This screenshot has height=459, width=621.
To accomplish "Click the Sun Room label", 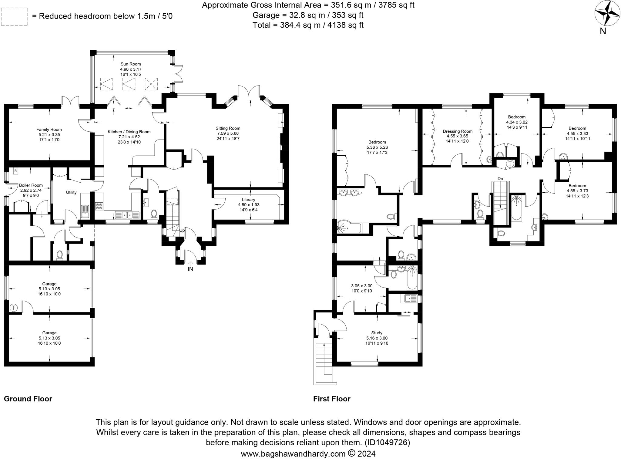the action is click(x=131, y=64).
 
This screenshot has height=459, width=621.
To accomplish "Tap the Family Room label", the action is click(x=49, y=130).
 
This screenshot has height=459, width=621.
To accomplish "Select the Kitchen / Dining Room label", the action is click(x=129, y=132).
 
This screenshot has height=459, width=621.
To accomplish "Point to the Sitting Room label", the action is click(x=228, y=128).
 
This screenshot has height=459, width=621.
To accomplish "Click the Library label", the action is click(x=248, y=200).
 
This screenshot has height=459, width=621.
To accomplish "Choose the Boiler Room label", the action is click(x=31, y=185).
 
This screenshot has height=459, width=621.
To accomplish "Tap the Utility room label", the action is click(x=71, y=192).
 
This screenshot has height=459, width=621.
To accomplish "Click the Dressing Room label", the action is click(x=458, y=131).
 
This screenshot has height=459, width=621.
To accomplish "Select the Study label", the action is click(x=377, y=333).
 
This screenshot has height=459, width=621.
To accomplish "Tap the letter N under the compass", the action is click(x=603, y=31).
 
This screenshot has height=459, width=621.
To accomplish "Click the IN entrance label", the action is click(x=190, y=269).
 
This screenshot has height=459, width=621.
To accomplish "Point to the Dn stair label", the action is click(x=500, y=179).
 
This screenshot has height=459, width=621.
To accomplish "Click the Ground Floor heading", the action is click(x=28, y=399).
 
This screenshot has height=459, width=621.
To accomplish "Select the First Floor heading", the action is click(x=332, y=399).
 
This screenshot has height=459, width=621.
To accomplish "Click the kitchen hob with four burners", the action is click(x=99, y=206).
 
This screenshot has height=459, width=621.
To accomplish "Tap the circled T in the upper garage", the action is click(x=14, y=308).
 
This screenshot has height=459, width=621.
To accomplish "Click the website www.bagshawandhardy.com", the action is click(x=293, y=454).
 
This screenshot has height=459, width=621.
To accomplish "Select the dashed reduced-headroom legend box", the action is click(x=14, y=17).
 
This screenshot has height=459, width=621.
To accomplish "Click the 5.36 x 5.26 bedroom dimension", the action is click(x=377, y=147).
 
